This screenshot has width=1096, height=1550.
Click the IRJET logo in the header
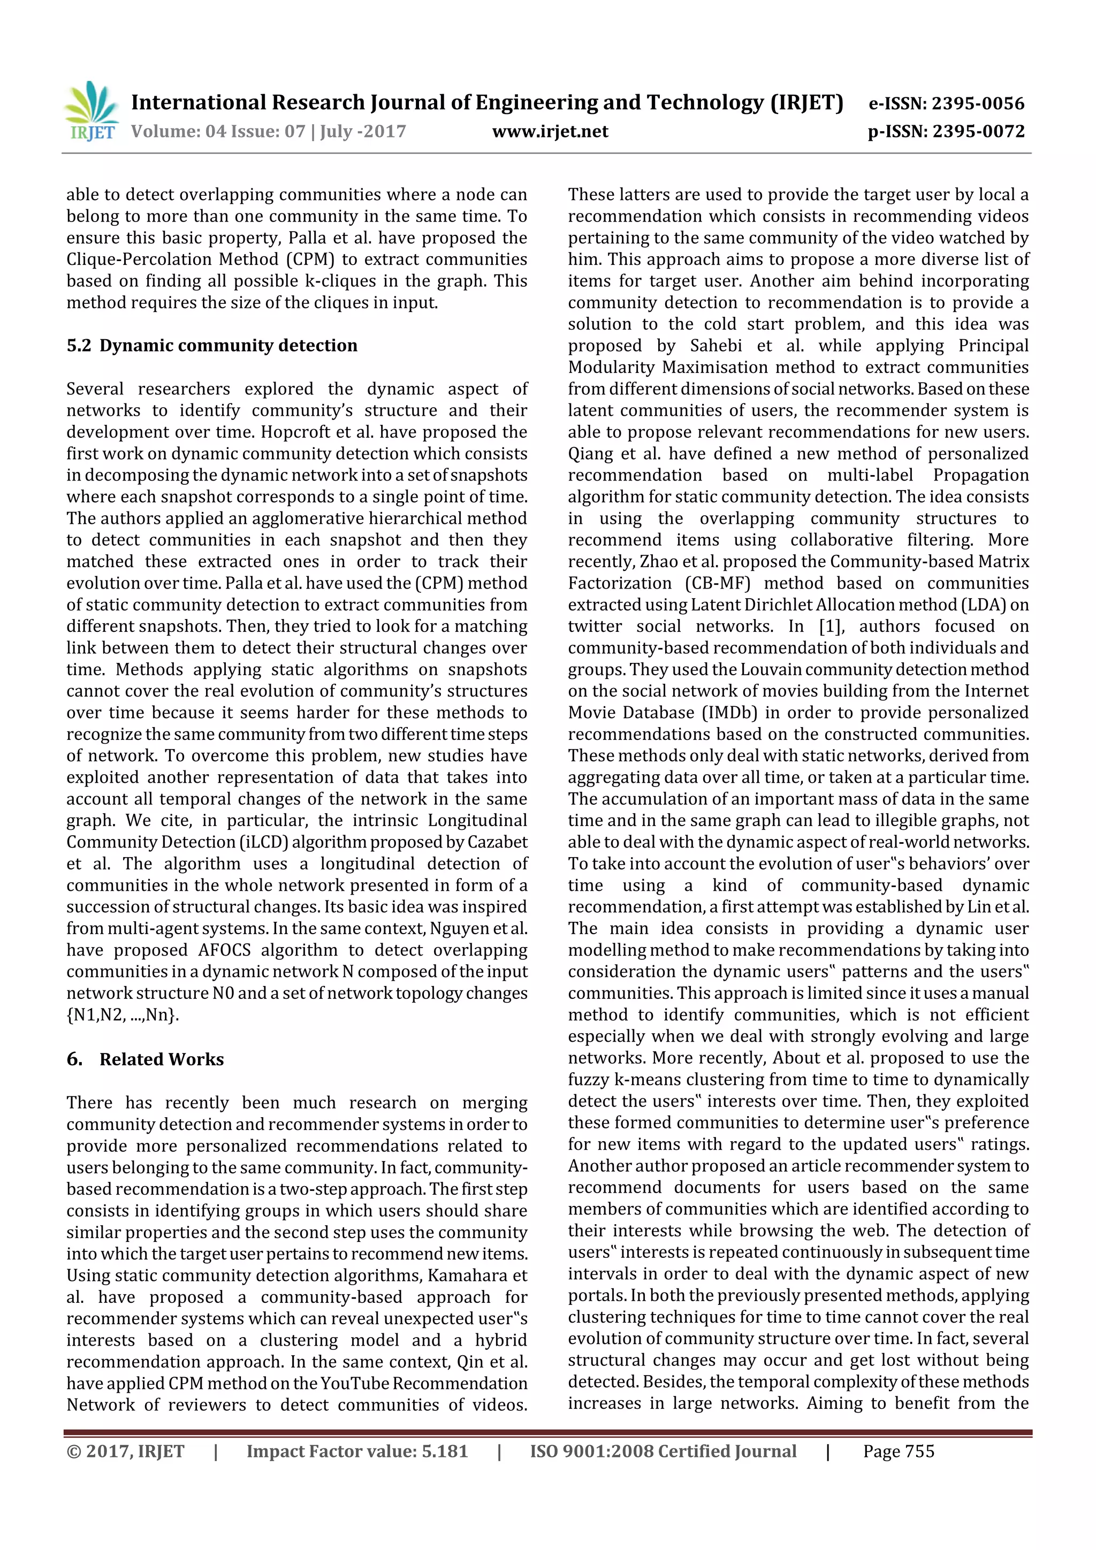pyautogui.click(x=91, y=111)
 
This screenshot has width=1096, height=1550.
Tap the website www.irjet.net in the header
pyautogui.click(x=550, y=132)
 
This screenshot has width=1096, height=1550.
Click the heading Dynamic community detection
pyautogui.click(x=229, y=346)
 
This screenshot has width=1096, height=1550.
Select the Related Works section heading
pyautogui.click(x=162, y=1059)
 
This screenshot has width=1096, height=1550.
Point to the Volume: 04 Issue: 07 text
pyautogui.click(x=218, y=132)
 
